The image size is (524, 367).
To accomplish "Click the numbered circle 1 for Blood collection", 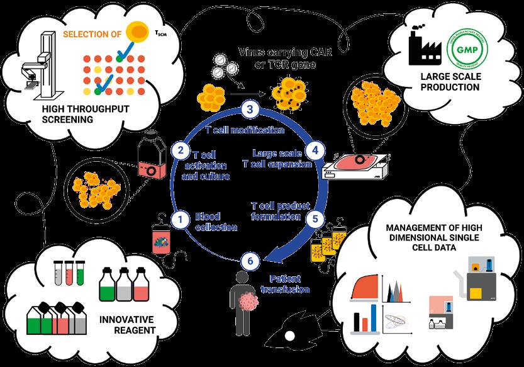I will click(x=181, y=219).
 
